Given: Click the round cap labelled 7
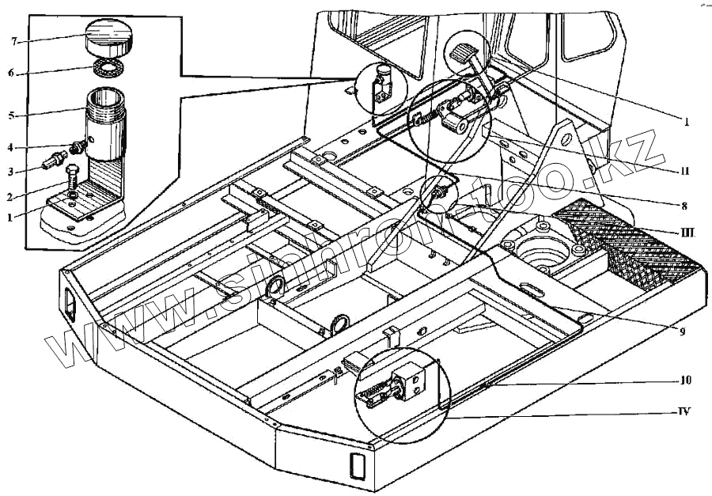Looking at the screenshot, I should click(108, 35).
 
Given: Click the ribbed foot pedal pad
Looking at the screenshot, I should click(463, 55).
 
